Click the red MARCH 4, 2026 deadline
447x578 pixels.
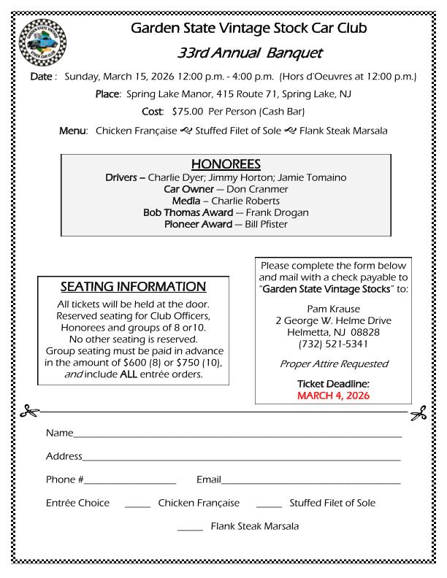(333, 396)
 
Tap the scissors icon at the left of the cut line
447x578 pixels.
(29, 412)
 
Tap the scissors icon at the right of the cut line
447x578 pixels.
(418, 414)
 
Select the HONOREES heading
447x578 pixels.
(226, 164)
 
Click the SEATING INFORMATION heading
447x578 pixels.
(133, 287)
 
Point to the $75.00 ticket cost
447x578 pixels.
(188, 112)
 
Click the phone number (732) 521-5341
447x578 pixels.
(333, 344)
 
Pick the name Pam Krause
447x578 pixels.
(333, 309)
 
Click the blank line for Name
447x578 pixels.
(237, 436)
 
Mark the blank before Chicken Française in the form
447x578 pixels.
(137, 506)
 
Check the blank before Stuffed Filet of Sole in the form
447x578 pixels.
(269, 506)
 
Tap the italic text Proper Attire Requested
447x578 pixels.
(333, 363)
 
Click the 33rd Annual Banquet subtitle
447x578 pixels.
(249, 53)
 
